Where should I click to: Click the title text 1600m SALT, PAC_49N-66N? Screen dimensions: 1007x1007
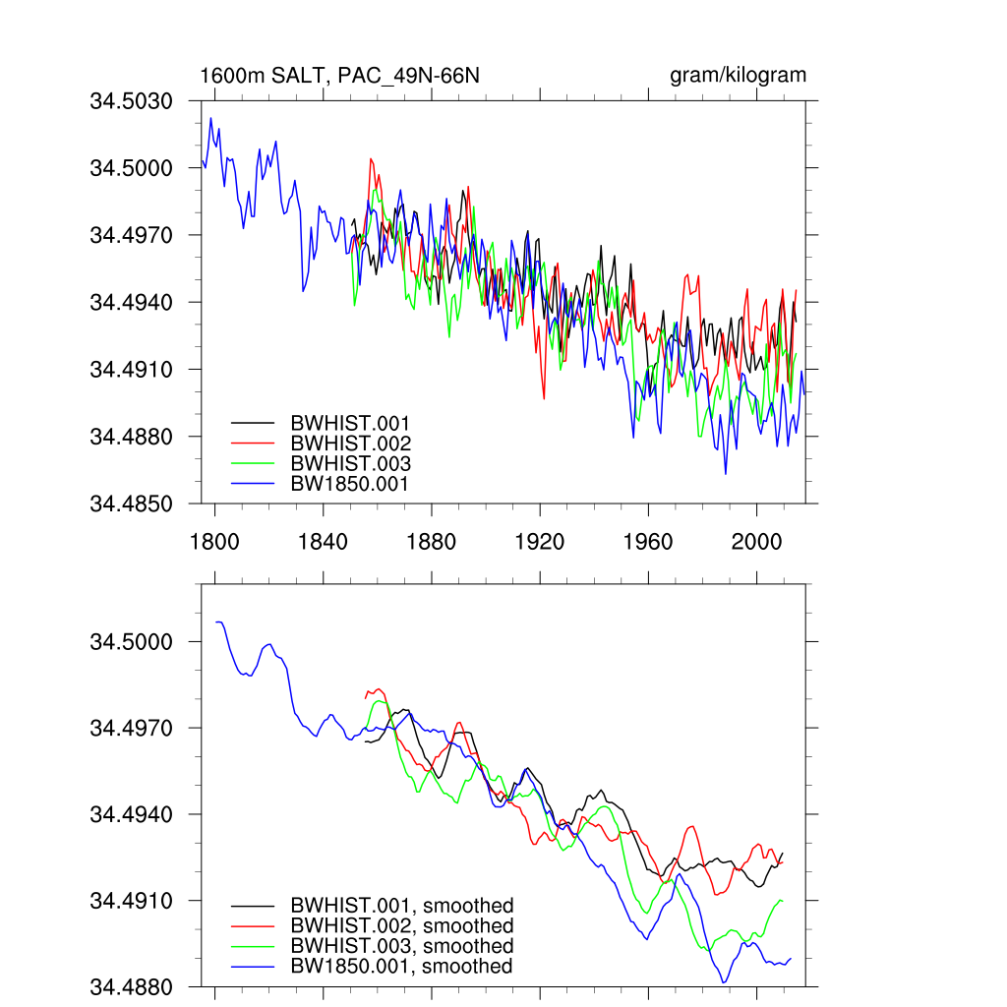pos(339,76)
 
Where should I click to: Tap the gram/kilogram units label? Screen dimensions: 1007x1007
pos(738,76)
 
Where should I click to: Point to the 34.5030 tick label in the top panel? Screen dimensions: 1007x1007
pos(132,101)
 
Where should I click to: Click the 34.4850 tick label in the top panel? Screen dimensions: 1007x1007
pos(132,503)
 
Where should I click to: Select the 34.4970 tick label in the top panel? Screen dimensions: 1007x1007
pos(132,235)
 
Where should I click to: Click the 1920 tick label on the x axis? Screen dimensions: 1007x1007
pos(539,542)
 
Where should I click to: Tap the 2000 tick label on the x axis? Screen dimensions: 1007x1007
pos(756,542)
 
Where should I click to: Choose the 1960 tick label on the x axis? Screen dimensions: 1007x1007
pos(648,542)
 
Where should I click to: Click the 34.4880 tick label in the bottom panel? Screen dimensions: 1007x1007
pos(132,986)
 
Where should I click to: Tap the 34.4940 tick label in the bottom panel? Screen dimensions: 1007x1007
pos(132,814)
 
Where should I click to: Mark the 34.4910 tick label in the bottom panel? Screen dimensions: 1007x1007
pos(132,901)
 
